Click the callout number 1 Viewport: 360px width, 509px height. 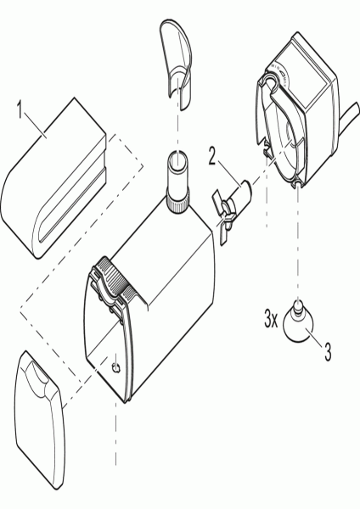coord(20,110)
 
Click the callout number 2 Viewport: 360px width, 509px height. coord(212,156)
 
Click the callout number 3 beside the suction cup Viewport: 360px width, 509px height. coord(328,352)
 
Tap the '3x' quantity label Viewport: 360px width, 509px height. coord(271,320)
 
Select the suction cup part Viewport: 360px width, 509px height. coord(298,323)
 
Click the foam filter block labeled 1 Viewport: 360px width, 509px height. coord(54,178)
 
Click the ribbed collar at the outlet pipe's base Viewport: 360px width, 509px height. coord(177,201)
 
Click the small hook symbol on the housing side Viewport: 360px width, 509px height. coord(115,367)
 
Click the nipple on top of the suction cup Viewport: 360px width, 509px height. coord(298,308)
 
